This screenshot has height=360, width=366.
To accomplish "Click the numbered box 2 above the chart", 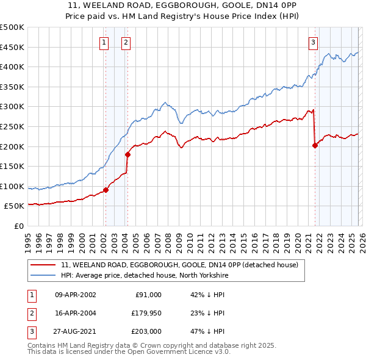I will [x=125, y=42].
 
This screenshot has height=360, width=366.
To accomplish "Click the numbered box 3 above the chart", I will [x=313, y=42].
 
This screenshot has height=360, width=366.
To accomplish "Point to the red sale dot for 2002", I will [x=106, y=190].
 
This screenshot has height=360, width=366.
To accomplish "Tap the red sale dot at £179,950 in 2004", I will [x=127, y=154].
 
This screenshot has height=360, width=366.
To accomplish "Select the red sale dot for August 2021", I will [x=315, y=145].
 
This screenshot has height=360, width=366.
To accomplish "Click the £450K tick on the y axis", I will [x=12, y=47].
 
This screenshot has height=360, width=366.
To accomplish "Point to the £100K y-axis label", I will [x=12, y=186].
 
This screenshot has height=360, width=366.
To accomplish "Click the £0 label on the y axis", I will [x=18, y=226].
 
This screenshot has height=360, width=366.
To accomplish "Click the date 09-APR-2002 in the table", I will [x=76, y=295].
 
